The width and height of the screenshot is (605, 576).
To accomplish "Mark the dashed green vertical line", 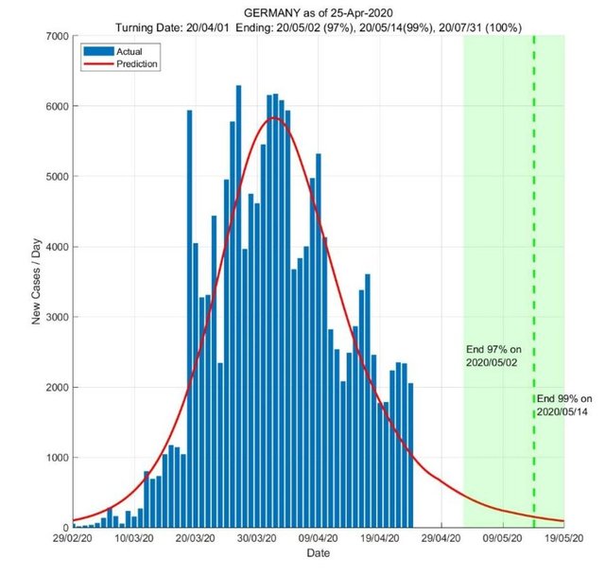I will [x=534, y=236].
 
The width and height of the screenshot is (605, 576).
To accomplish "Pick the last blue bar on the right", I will [x=410, y=454].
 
